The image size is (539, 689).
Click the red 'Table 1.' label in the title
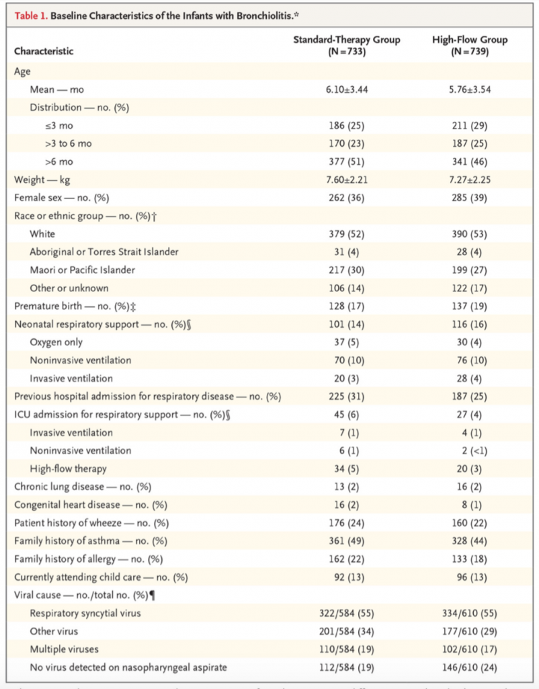pyautogui.click(x=30, y=15)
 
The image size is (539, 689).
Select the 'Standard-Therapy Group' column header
pyautogui.click(x=346, y=40)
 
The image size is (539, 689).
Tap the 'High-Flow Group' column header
pyautogui.click(x=469, y=40)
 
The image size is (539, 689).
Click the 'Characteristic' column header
pyautogui.click(x=44, y=51)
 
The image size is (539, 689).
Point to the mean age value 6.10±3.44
pyautogui.click(x=347, y=89)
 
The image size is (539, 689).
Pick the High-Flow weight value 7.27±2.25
pyautogui.click(x=470, y=180)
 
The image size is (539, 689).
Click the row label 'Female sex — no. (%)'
pyautogui.click(x=60, y=198)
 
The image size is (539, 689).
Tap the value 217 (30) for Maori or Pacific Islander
pyautogui.click(x=347, y=270)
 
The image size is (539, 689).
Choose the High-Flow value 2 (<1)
pyautogui.click(x=470, y=450)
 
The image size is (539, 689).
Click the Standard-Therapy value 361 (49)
pyautogui.click(x=347, y=540)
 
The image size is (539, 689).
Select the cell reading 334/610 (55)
pyautogui.click(x=470, y=612)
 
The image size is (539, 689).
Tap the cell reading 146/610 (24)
pyautogui.click(x=470, y=667)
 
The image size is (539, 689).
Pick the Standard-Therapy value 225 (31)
pyautogui.click(x=347, y=396)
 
